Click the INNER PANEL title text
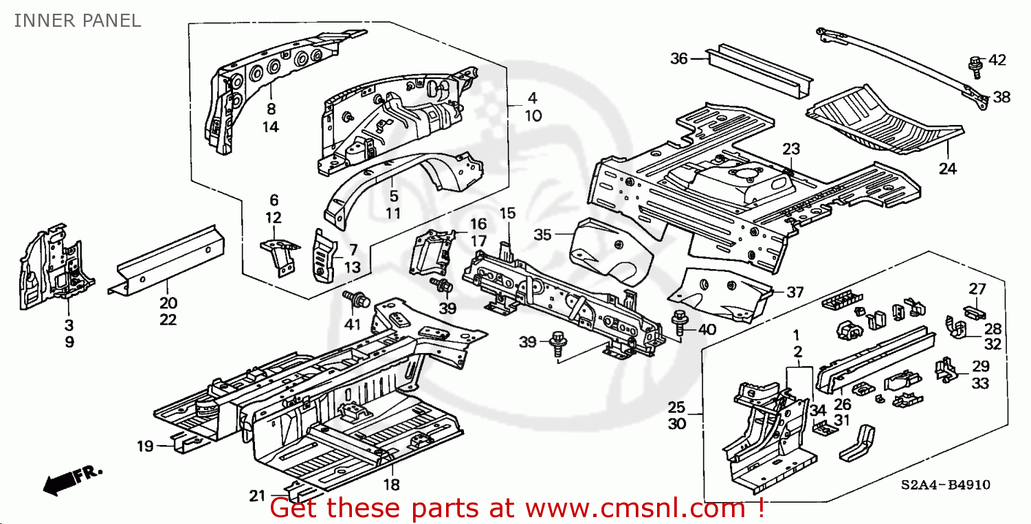77,21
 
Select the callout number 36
679,59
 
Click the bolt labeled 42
975,65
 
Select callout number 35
543,236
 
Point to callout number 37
795,292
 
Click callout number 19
144,447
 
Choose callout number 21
256,496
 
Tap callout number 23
791,149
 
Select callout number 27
977,288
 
